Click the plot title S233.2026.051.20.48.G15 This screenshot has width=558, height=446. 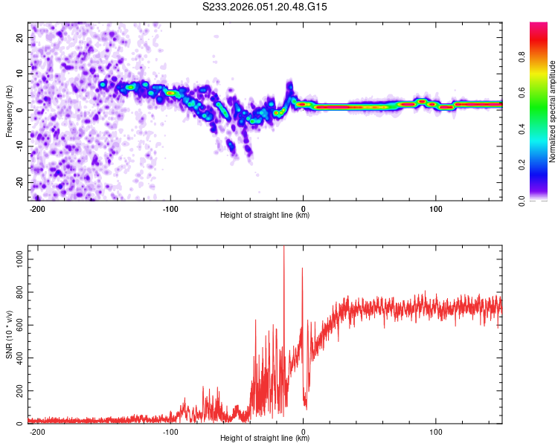click(266, 7)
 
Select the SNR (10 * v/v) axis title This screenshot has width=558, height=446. click(9, 334)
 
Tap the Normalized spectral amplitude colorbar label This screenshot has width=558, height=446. click(553, 111)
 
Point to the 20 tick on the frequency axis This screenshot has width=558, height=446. click(20, 37)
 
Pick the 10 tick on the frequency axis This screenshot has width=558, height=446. click(20, 74)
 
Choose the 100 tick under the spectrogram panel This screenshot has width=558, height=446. click(436, 207)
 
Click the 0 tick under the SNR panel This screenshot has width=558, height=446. click(303, 431)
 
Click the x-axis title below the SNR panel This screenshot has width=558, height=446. click(265, 439)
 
